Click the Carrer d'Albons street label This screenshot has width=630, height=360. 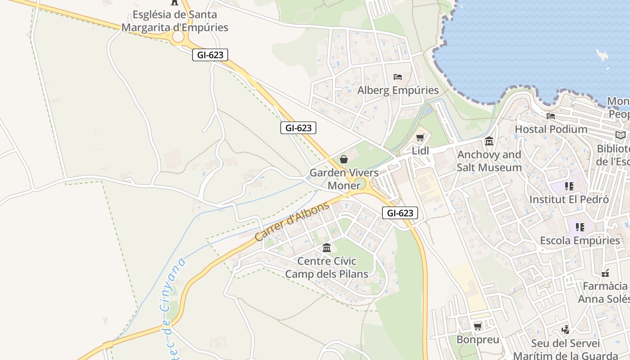tap(292, 222)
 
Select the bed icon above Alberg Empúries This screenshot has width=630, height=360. tap(398, 77)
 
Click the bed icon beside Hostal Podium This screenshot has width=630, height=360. tap(550, 116)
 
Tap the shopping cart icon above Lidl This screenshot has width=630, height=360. tap(420, 138)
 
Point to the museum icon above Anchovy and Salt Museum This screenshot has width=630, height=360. tap(489, 141)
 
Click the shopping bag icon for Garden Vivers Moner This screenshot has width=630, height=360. tap(344, 159)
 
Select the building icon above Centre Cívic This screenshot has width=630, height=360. tap(327, 247)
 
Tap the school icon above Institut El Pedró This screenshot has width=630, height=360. tap(569, 186)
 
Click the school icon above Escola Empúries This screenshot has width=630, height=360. tap(580, 227)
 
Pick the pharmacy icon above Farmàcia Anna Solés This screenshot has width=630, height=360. tap(605, 273)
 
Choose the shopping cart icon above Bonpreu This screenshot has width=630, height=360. tap(478, 326)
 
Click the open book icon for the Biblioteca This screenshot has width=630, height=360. tap(620, 135)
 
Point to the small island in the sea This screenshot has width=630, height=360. tap(602, 55)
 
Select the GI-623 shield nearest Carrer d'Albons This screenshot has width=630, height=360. tap(400, 213)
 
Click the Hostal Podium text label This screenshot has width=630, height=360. tap(551, 129)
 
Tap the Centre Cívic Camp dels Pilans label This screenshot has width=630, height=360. tap(327, 267)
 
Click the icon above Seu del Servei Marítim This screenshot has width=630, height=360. tap(565, 330)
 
